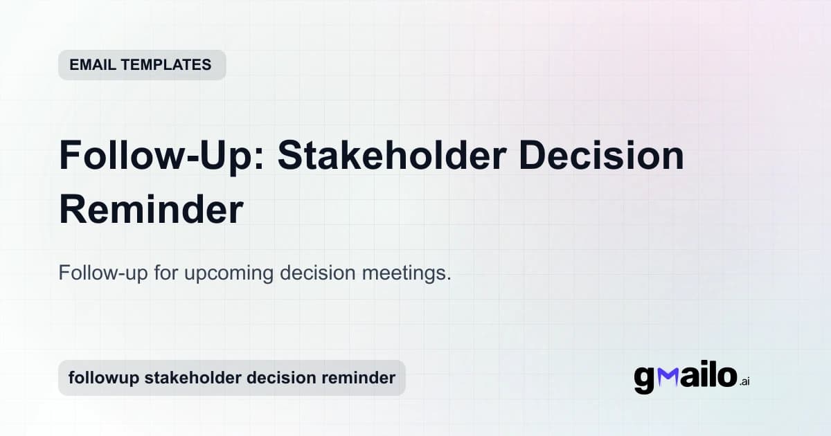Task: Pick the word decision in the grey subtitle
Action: (x=318, y=273)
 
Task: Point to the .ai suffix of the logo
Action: (x=744, y=381)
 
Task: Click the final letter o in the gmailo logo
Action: (x=725, y=377)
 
